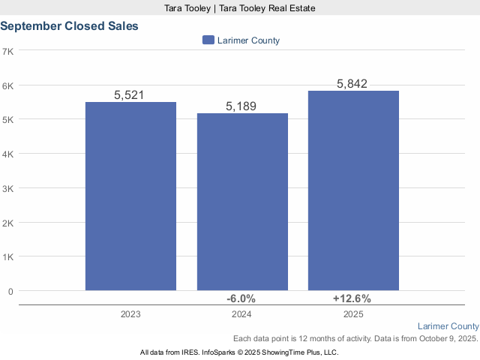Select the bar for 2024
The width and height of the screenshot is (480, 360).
pyautogui.click(x=241, y=202)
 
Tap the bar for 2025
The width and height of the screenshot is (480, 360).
pyautogui.click(x=353, y=190)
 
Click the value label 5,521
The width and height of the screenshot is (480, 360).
pyautogui.click(x=129, y=95)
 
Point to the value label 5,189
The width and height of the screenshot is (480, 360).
pyautogui.click(x=241, y=106)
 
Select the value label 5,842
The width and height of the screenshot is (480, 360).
pyautogui.click(x=352, y=84)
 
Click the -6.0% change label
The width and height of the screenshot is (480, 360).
pyautogui.click(x=241, y=298)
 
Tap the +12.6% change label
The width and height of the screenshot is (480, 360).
pyautogui.click(x=352, y=298)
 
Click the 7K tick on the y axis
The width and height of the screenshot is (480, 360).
pyautogui.click(x=9, y=51)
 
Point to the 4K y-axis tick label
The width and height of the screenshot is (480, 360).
pyautogui.click(x=9, y=154)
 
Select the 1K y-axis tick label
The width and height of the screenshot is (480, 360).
pyautogui.click(x=9, y=256)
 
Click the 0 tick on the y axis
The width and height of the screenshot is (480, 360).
pyautogui.click(x=10, y=291)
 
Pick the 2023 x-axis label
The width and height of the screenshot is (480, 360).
pyautogui.click(x=130, y=315)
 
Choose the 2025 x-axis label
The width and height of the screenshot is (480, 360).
pyautogui.click(x=352, y=315)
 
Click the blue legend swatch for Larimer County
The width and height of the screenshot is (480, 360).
pyautogui.click(x=208, y=40)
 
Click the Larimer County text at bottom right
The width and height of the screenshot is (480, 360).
pyautogui.click(x=448, y=326)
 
